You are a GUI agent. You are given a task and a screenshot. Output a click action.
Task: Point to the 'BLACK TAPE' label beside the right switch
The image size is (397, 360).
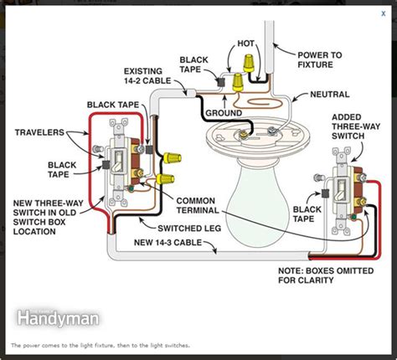pyautogui.click(x=307, y=214)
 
